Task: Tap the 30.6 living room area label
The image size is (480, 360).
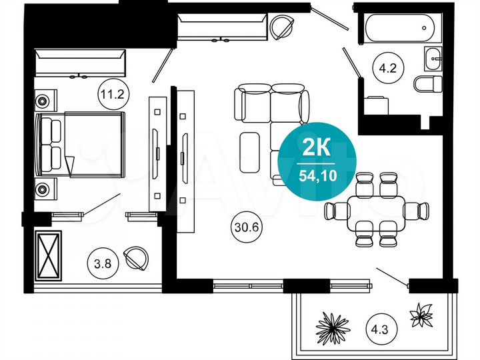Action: click(245, 226)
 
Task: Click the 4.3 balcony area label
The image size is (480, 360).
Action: click(378, 327)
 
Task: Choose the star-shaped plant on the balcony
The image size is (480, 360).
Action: click(421, 314)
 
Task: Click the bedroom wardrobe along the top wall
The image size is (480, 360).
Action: click(81, 63)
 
